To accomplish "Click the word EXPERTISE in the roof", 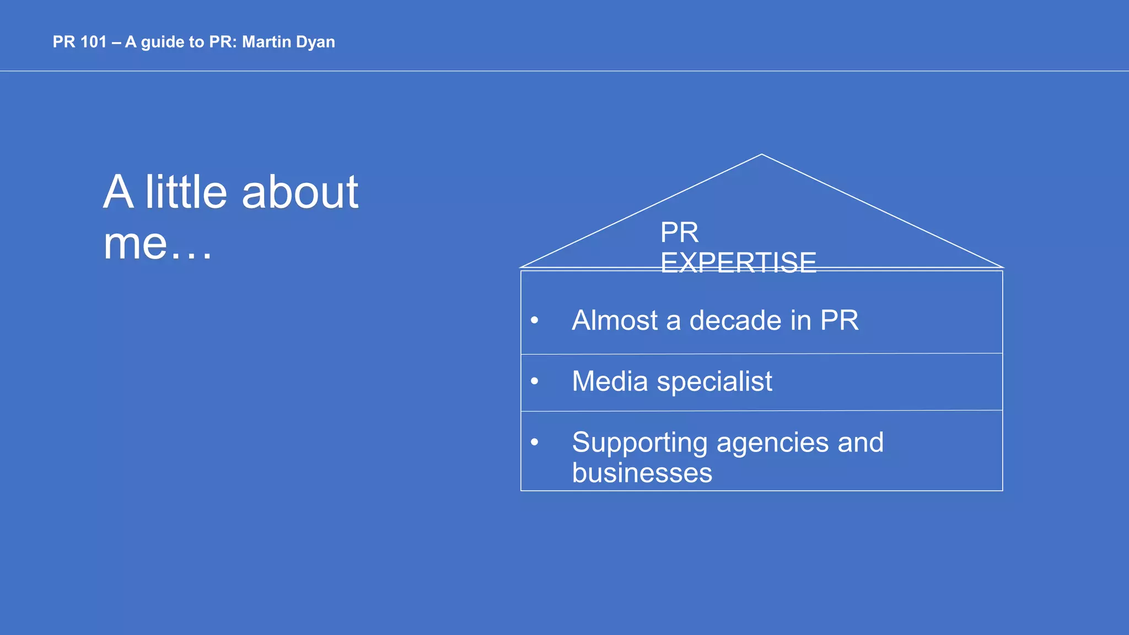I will pyautogui.click(x=738, y=263).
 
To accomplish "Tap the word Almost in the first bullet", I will pyautogui.click(x=615, y=320).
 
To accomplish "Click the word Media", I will pyautogui.click(x=610, y=381).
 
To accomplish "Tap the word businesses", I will pyautogui.click(x=642, y=473).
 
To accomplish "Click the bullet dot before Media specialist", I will pyautogui.click(x=534, y=381).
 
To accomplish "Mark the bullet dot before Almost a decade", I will pyautogui.click(x=534, y=320).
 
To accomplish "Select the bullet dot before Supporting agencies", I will pyautogui.click(x=534, y=442).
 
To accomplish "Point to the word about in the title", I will pyautogui.click(x=300, y=193).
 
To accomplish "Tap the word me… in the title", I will pyautogui.click(x=158, y=244).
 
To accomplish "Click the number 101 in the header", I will pyautogui.click(x=93, y=42).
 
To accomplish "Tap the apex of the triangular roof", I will pyautogui.click(x=762, y=155).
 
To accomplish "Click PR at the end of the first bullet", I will pyautogui.click(x=839, y=320).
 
